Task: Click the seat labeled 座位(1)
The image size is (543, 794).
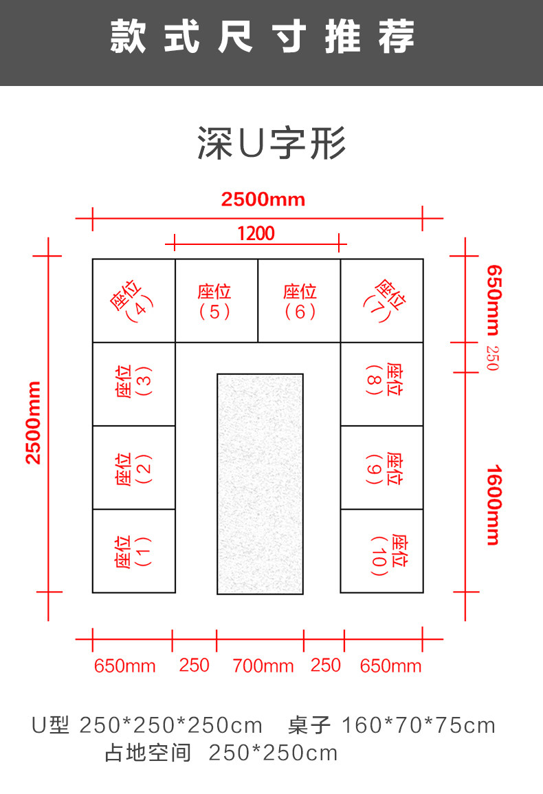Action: [x=133, y=551]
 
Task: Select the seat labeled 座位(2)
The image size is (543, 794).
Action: [x=133, y=468]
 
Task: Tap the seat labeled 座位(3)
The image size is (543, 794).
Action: [x=133, y=383]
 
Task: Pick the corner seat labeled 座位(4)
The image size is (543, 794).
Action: [x=133, y=301]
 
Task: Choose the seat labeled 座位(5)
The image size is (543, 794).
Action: [x=216, y=301]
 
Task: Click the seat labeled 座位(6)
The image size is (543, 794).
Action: [x=299, y=301]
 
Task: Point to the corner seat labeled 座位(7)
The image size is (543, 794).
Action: [x=382, y=301]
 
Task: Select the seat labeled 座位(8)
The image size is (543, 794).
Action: [x=382, y=383]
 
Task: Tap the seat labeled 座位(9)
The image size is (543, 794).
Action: [x=382, y=468]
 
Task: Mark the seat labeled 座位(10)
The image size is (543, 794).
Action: [x=382, y=551]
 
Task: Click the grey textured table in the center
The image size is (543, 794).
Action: [x=260, y=484]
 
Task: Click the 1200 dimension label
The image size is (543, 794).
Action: [x=256, y=234]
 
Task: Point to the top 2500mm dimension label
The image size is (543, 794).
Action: [x=263, y=200]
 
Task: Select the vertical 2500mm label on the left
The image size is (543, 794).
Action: [x=33, y=422]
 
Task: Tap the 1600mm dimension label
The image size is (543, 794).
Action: [x=493, y=505]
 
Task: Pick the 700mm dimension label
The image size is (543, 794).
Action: [x=263, y=666]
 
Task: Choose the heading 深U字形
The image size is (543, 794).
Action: [x=271, y=144]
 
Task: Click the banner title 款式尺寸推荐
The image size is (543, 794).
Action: [x=263, y=38]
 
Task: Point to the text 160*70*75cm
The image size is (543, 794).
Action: [x=418, y=725]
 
